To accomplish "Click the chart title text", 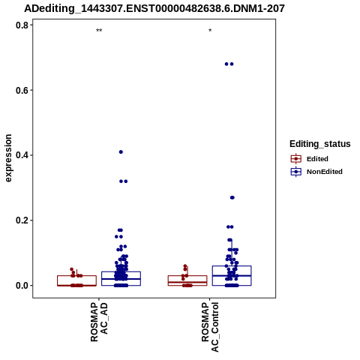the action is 154,9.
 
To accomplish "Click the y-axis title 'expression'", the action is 8,158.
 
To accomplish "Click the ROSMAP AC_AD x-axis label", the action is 99,322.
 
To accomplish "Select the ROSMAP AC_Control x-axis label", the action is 210,327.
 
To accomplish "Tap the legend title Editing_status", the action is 320,144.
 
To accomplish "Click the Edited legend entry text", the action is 317,159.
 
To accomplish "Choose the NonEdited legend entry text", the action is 325,172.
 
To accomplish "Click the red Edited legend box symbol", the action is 296,159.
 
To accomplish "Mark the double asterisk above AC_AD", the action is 99,31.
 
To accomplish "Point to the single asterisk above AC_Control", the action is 210,31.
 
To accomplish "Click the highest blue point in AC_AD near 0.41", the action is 121,152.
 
